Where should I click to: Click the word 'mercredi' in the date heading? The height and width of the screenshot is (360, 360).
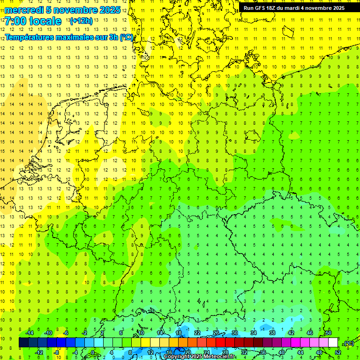point(23,10)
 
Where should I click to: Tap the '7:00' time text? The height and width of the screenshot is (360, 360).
point(16,21)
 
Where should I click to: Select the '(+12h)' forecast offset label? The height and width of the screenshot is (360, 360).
point(81,21)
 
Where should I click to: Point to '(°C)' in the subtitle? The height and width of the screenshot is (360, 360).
point(126,37)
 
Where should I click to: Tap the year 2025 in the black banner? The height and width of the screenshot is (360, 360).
point(336,8)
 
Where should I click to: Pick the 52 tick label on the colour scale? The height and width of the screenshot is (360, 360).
point(338,352)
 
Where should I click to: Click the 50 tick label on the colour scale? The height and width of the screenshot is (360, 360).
point(328,332)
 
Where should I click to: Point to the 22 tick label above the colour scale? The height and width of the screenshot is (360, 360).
point(197,332)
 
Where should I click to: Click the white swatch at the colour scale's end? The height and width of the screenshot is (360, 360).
point(333,342)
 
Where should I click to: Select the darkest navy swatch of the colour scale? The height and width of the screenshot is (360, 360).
point(23,342)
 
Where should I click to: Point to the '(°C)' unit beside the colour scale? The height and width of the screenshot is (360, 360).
point(348,343)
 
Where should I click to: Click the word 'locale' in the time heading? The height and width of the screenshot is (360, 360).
point(45,21)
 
